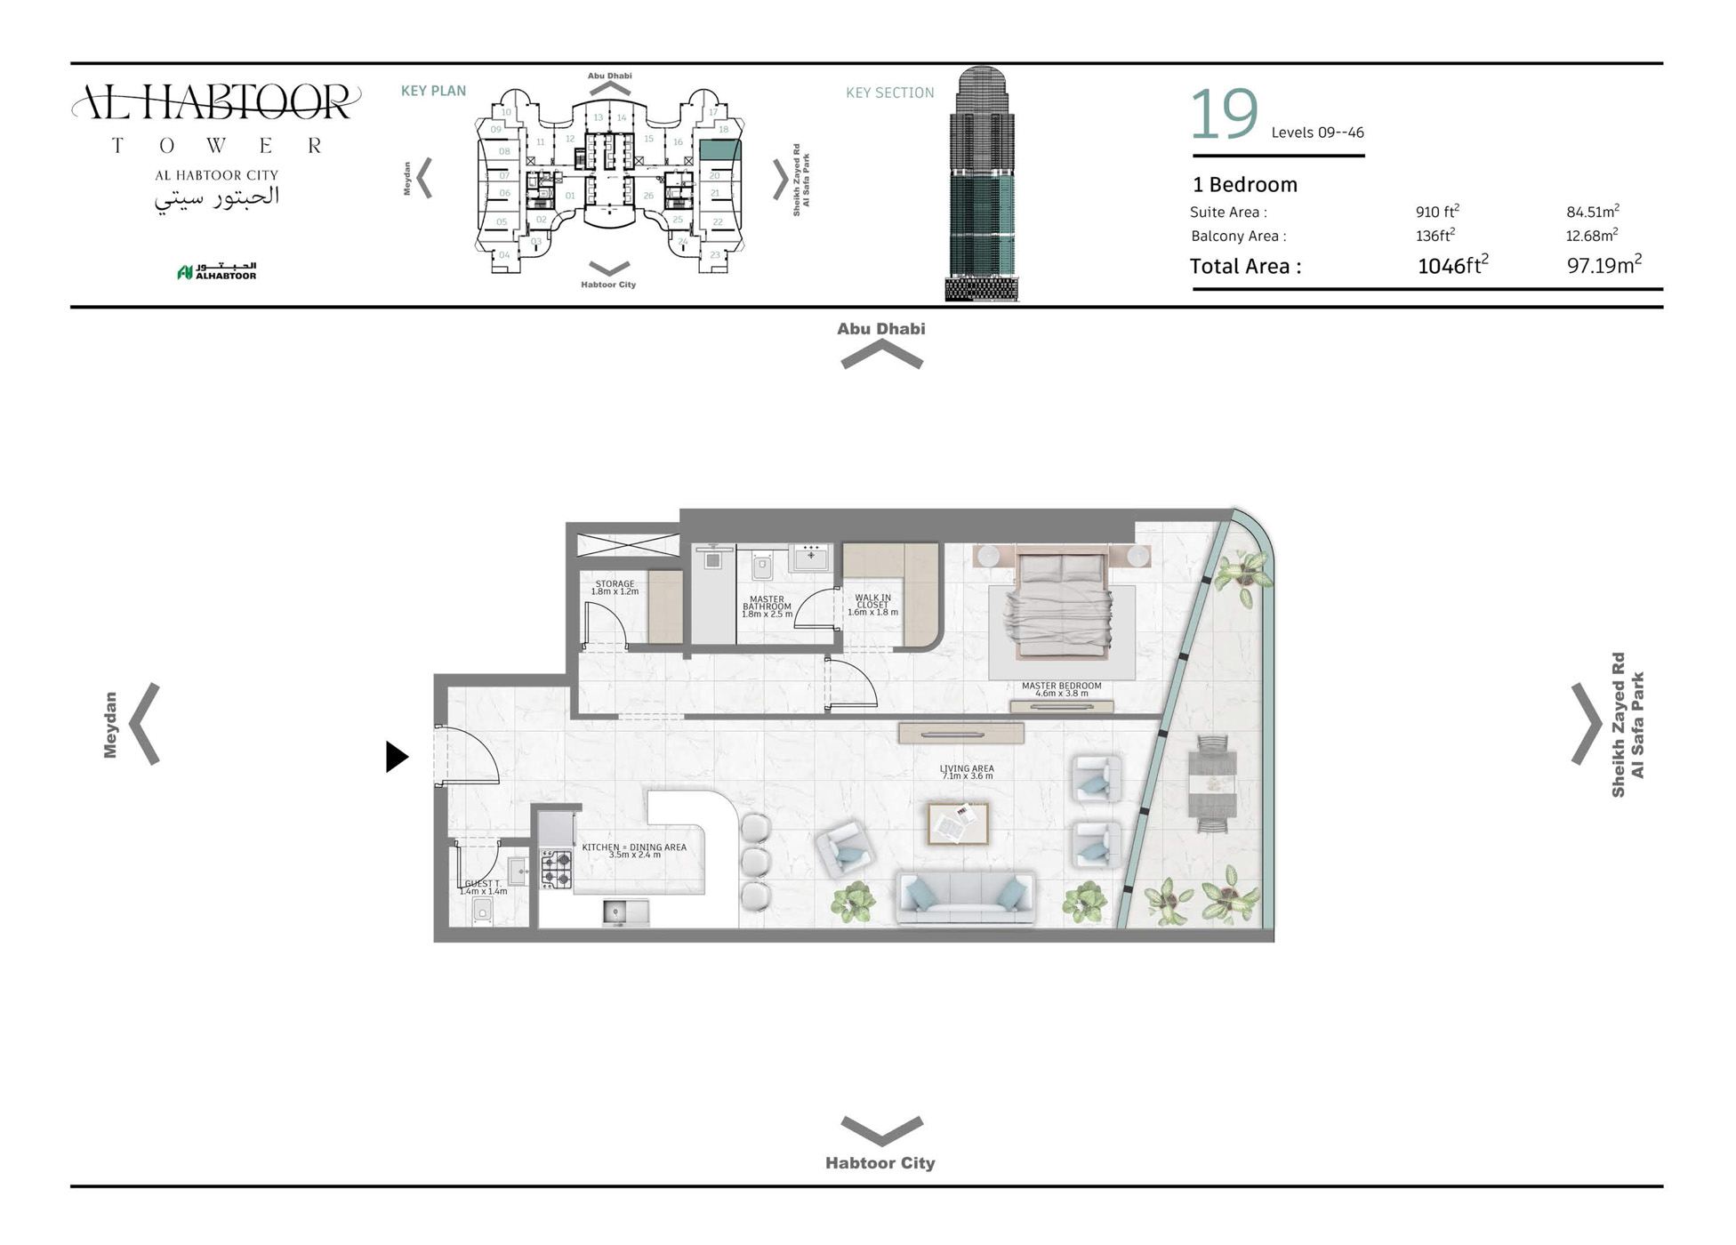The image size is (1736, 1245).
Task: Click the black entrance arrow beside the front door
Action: click(x=397, y=757)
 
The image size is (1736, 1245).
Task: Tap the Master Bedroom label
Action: click(x=1061, y=689)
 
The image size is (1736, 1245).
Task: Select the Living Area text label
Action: click(x=967, y=772)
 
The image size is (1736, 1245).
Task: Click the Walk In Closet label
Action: click(x=872, y=605)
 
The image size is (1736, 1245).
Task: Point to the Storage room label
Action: click(x=615, y=587)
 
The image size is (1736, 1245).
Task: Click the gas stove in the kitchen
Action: click(x=557, y=869)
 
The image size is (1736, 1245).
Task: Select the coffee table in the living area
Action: click(x=958, y=823)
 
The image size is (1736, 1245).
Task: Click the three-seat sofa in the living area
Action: click(x=966, y=896)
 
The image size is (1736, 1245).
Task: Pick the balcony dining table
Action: click(x=1212, y=783)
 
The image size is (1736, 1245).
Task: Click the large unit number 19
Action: click(x=1224, y=115)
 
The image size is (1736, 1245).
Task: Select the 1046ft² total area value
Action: click(x=1452, y=265)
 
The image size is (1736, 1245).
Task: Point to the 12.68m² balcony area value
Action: click(x=1591, y=236)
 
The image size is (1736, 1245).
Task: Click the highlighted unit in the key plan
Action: click(x=719, y=149)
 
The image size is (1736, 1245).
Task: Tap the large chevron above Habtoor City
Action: click(x=881, y=1130)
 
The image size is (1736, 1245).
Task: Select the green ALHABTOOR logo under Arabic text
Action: click(x=217, y=271)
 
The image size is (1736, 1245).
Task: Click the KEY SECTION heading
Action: click(x=889, y=92)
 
